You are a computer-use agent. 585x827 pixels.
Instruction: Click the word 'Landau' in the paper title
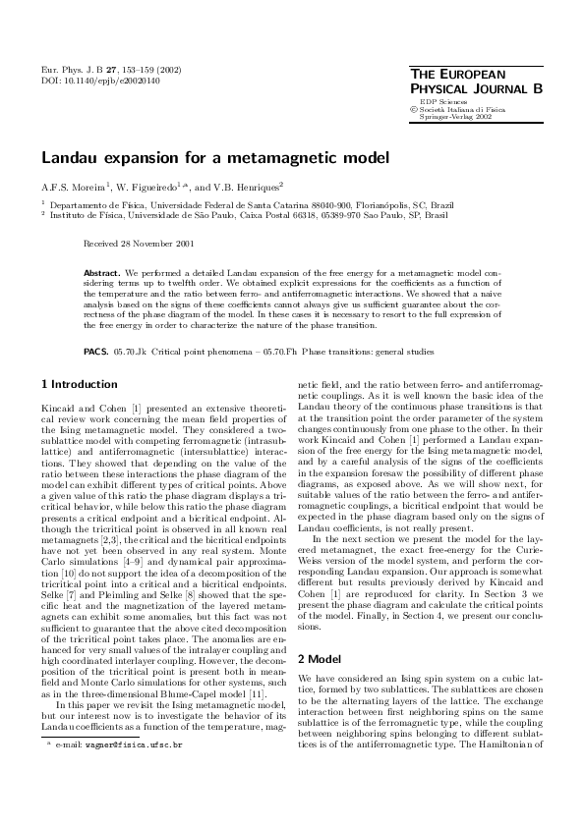(71, 157)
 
